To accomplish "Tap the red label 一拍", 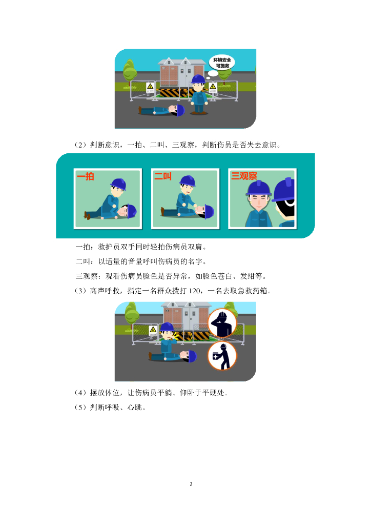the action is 85,176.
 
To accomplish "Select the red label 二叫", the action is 163,176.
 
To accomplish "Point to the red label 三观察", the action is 244,176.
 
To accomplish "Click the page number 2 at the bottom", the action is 191,484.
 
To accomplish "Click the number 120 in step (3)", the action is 195,291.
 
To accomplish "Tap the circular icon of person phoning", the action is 222,323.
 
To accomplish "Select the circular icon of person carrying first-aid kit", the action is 222,356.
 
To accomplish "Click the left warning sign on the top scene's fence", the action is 150,88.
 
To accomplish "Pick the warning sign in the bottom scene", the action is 153,331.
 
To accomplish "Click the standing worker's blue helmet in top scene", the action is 198,79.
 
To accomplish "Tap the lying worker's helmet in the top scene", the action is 180,110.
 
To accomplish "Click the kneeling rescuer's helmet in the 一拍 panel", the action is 118,184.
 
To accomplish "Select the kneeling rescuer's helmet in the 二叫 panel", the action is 188,181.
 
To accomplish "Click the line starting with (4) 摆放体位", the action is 152,392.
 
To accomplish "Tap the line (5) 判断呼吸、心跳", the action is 110,407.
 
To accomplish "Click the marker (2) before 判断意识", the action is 80,145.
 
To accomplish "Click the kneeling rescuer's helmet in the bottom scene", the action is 167,327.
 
